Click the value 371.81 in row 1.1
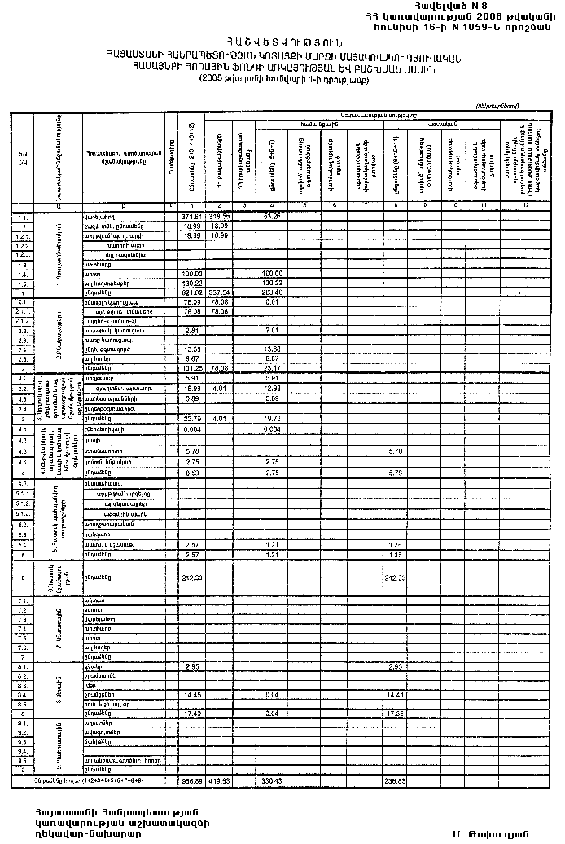pyautogui.click(x=192, y=217)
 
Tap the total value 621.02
pyautogui.click(x=192, y=292)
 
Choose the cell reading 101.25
pyautogui.click(x=192, y=367)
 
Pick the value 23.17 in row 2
pyautogui.click(x=273, y=367)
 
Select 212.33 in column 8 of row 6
pyautogui.click(x=397, y=578)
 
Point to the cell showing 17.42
pyautogui.click(x=192, y=713)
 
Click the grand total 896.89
pyautogui.click(x=192, y=780)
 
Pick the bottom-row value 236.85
pyautogui.click(x=397, y=780)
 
